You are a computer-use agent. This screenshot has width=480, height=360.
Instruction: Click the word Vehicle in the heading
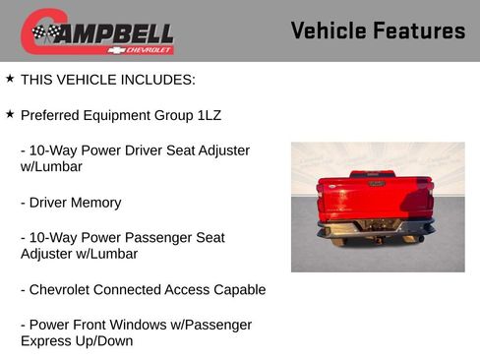pos(329,30)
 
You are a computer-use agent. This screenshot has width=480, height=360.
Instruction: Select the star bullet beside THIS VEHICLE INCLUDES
pos(10,78)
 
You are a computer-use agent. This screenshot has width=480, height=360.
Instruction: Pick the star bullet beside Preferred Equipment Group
pos(10,114)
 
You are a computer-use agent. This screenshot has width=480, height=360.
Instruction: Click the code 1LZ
pos(209,115)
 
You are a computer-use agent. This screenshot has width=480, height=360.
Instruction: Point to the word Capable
pos(239,290)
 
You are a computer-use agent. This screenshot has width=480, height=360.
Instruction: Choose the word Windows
pos(144,325)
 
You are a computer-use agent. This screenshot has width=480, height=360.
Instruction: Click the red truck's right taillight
pos(429,187)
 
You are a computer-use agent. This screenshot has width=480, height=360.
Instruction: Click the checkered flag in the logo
pos(44,33)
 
